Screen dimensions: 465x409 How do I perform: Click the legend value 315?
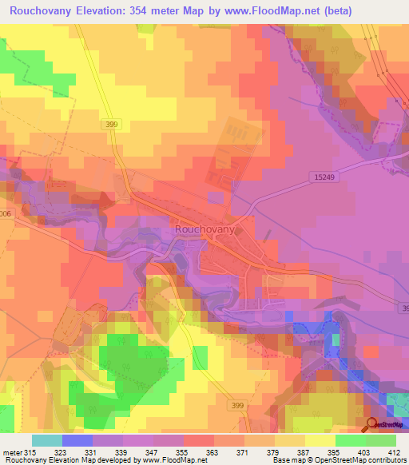32,452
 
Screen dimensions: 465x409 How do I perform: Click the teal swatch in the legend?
47,440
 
